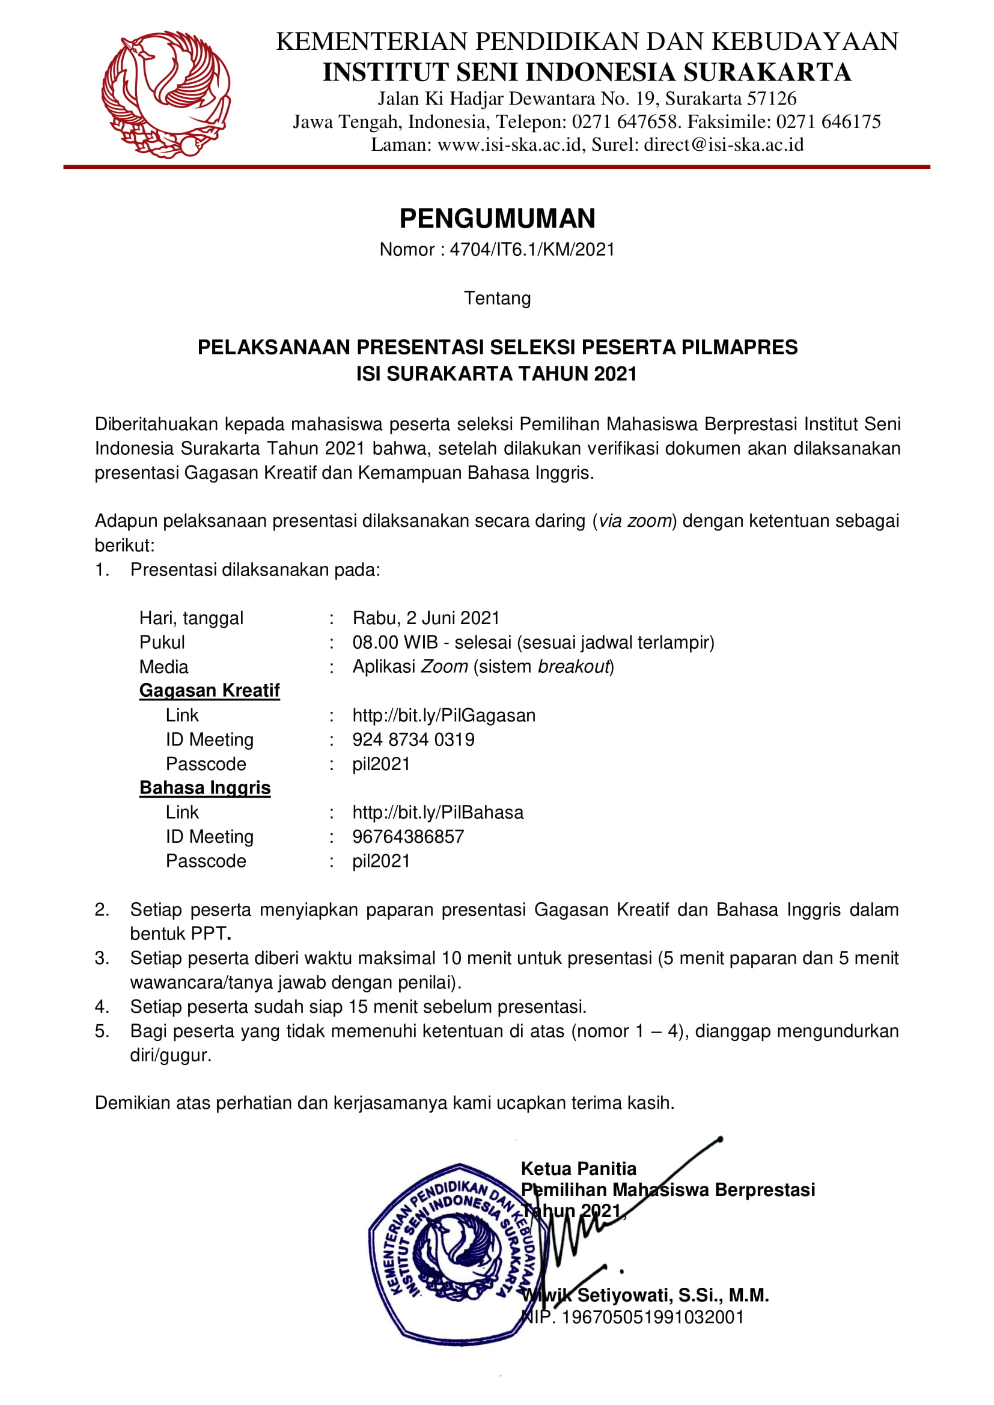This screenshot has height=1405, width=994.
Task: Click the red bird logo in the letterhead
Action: [166, 94]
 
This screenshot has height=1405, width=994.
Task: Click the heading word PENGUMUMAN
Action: [497, 219]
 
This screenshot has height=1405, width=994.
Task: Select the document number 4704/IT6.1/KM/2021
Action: [532, 250]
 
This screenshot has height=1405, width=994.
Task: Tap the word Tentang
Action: [497, 299]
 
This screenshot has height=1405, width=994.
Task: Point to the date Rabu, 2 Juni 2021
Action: [426, 618]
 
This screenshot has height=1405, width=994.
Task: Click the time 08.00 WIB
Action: [395, 643]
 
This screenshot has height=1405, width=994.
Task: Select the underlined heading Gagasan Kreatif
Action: [209, 691]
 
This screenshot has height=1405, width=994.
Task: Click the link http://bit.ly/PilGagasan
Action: [444, 715]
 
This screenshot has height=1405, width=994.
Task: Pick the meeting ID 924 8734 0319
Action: [413, 740]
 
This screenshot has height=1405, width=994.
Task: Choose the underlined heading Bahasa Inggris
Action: [204, 788]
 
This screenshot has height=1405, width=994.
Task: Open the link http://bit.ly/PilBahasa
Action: [438, 813]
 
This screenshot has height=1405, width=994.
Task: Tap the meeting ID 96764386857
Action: [408, 837]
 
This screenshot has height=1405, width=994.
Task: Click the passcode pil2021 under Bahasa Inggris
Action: [380, 861]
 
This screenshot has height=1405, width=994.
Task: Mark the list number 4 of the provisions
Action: [102, 1007]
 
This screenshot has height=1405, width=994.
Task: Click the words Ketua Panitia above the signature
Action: [578, 1169]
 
